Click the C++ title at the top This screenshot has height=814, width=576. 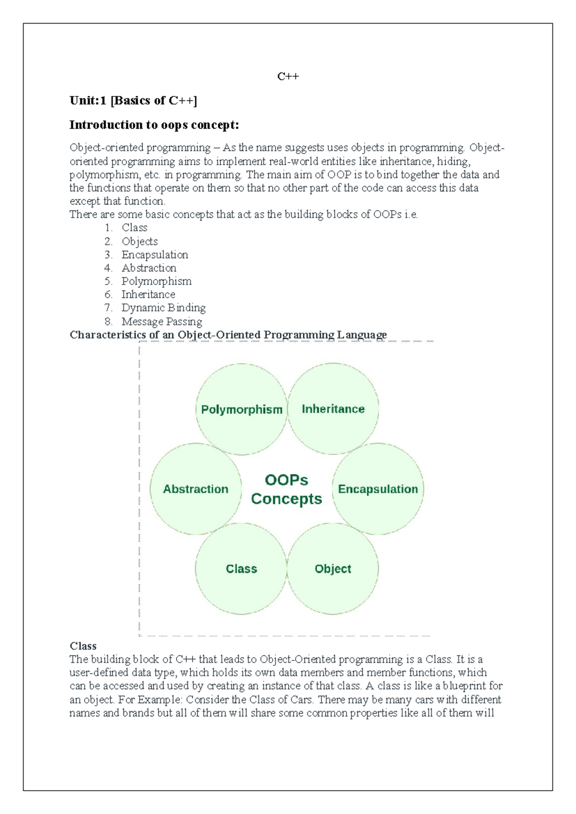click(288, 76)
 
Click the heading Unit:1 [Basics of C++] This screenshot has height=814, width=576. click(133, 100)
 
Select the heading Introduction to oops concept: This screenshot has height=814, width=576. click(154, 125)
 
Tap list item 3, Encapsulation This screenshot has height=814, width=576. click(155, 255)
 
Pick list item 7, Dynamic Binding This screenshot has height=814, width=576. click(163, 308)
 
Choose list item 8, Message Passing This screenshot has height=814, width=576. click(162, 321)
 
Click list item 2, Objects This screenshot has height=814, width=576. click(139, 241)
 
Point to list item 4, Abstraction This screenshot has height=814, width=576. click(149, 268)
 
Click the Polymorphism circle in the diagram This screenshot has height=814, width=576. click(241, 409)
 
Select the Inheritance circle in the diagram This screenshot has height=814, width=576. click(333, 409)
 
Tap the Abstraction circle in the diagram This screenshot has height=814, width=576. click(196, 489)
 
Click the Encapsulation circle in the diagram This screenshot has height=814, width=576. click(378, 489)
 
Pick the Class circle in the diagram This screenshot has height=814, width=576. click(241, 569)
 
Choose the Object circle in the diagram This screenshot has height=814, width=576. click(333, 569)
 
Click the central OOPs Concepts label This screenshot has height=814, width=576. click(287, 489)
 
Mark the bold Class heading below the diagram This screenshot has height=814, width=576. click(83, 646)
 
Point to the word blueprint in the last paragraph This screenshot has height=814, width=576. click(465, 686)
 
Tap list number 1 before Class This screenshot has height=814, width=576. click(108, 228)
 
